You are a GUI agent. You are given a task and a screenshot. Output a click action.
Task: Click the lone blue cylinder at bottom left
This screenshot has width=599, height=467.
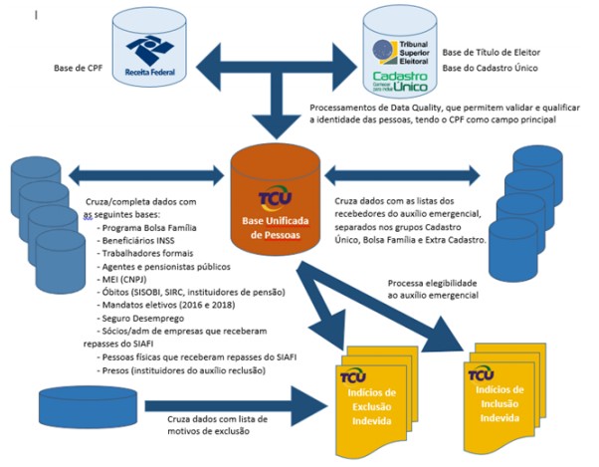click(x=79, y=402)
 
